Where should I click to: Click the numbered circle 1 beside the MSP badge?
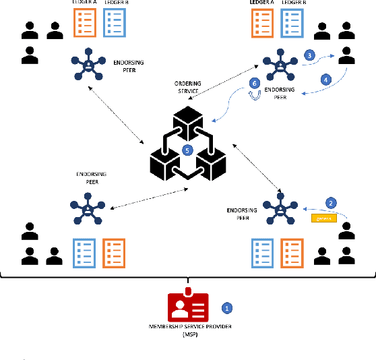click(227, 307)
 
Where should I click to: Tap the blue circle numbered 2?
click(330, 202)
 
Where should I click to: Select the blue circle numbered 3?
click(309, 54)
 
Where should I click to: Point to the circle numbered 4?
click(327, 79)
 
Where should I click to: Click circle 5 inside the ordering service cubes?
click(188, 150)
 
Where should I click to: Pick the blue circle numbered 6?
click(254, 83)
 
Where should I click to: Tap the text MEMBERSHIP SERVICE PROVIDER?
click(188, 327)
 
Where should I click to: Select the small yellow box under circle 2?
click(323, 218)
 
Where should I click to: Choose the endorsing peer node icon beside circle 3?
click(280, 65)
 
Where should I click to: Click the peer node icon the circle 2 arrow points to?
click(280, 208)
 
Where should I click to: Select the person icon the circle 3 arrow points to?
click(346, 52)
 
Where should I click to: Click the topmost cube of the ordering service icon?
click(188, 121)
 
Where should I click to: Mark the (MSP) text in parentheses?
click(189, 334)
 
